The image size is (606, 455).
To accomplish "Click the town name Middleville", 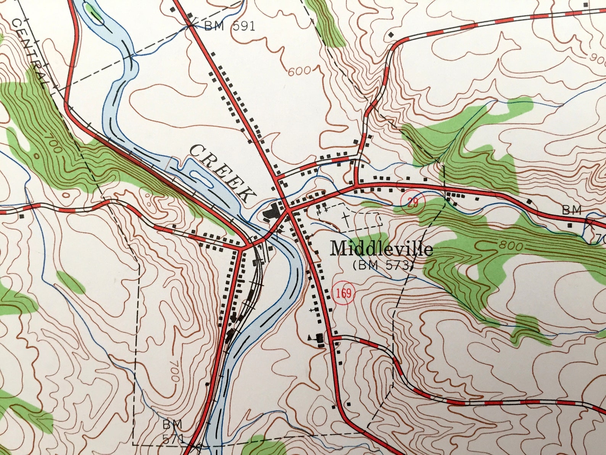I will coord(382,249).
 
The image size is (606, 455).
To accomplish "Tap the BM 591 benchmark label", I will coord(229,26).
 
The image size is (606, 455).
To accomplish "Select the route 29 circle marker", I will coord(411,201).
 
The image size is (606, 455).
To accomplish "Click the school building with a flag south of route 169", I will coord(319,338).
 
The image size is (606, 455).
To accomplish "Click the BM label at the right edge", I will coord(571,210).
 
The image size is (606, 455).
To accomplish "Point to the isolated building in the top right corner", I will coord(587,4).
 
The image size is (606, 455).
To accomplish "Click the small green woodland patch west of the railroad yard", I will coord(71,282).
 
